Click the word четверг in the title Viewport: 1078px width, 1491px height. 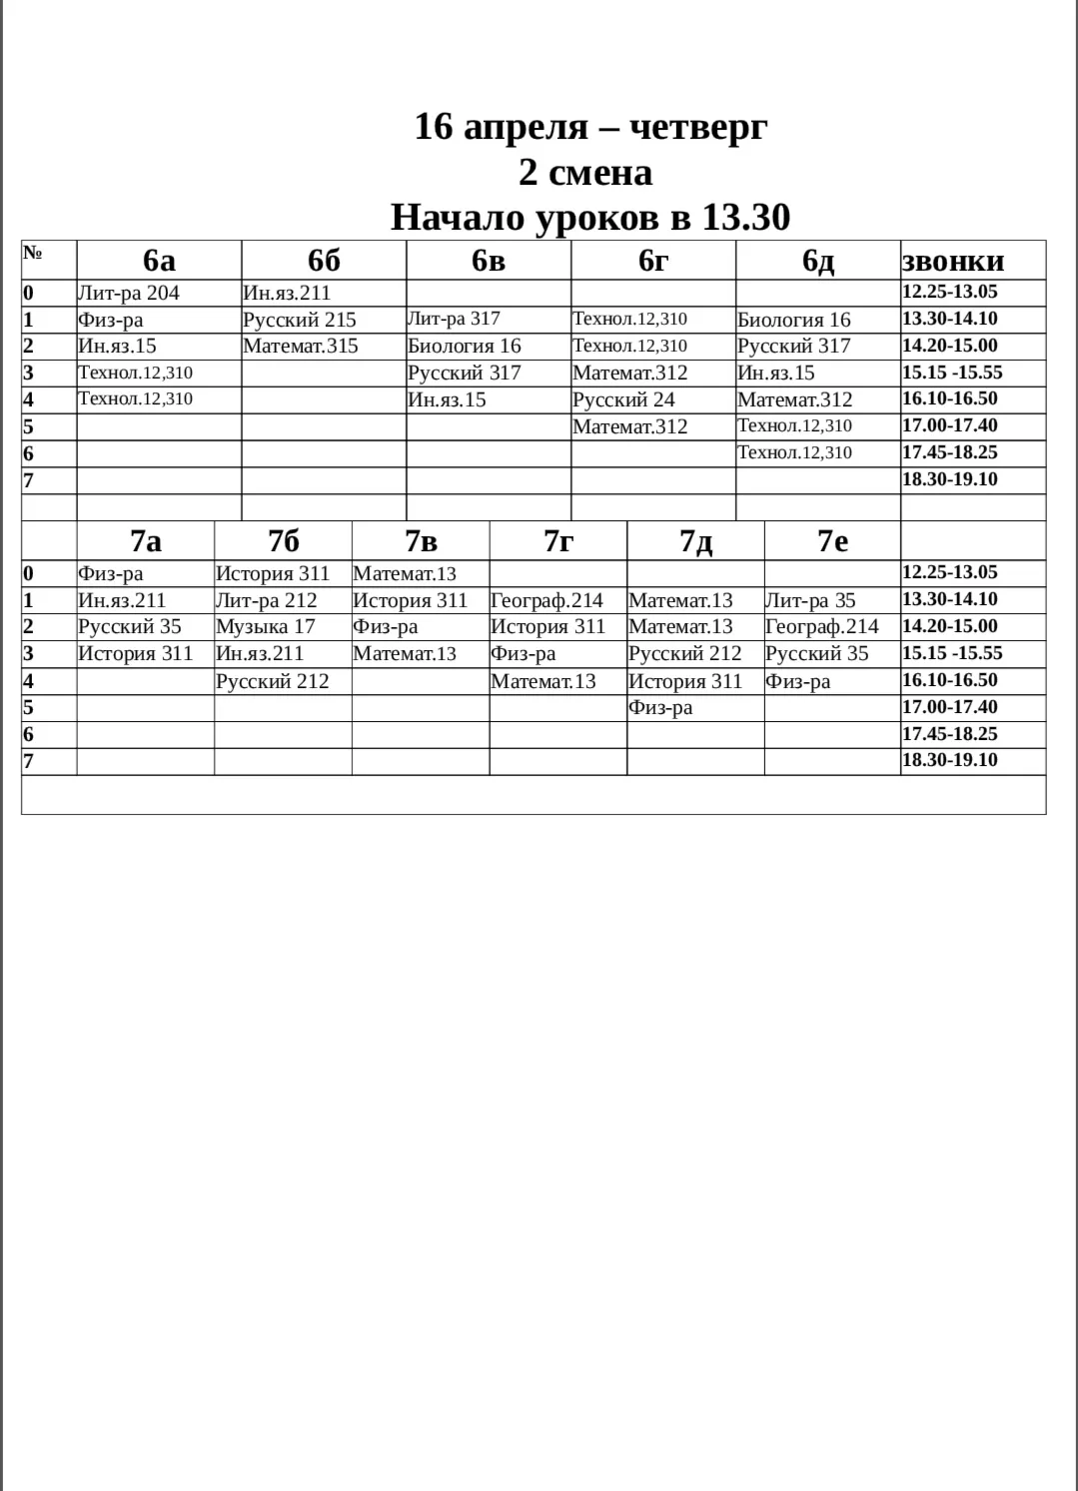click(698, 127)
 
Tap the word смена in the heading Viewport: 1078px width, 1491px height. click(599, 172)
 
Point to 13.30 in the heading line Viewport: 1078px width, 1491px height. click(745, 217)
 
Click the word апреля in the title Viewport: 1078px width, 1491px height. click(526, 127)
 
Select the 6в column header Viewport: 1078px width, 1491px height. click(489, 260)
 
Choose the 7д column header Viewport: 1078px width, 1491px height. click(695, 541)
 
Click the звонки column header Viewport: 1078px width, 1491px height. click(953, 261)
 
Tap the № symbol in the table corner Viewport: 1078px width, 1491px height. click(33, 253)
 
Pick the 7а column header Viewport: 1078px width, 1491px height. click(146, 541)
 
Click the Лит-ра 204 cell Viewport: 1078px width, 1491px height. click(129, 294)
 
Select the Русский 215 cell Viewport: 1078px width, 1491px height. click(299, 321)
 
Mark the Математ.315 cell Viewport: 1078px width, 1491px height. click(300, 347)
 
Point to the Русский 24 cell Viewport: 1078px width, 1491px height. click(623, 400)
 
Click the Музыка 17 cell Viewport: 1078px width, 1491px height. click(265, 627)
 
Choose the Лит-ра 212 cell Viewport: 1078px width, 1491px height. click(266, 601)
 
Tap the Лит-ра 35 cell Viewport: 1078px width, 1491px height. click(810, 601)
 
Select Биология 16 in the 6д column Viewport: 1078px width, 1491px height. click(794, 321)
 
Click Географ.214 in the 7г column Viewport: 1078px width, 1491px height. click(546, 601)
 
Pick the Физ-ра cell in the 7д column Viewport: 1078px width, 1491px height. click(660, 708)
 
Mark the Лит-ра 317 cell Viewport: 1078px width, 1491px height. click(454, 320)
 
